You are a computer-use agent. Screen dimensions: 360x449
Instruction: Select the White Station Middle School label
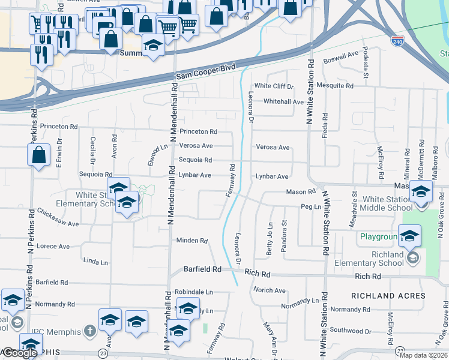click(388, 203)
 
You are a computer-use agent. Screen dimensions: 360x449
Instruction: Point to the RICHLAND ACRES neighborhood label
click(388, 296)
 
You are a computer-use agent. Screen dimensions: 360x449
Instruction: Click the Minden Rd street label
click(191, 241)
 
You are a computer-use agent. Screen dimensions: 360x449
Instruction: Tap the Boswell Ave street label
click(340, 58)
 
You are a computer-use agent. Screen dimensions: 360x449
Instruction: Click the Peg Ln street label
click(307, 206)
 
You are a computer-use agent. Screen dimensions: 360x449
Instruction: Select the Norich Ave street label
click(269, 290)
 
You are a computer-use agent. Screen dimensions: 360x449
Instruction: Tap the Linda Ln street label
click(95, 262)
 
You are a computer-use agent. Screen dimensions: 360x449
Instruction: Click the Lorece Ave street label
click(53, 246)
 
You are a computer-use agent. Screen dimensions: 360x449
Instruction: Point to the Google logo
click(20, 353)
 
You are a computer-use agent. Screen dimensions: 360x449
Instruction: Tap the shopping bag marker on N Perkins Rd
click(38, 155)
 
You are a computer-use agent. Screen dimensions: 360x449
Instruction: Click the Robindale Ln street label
click(194, 292)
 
